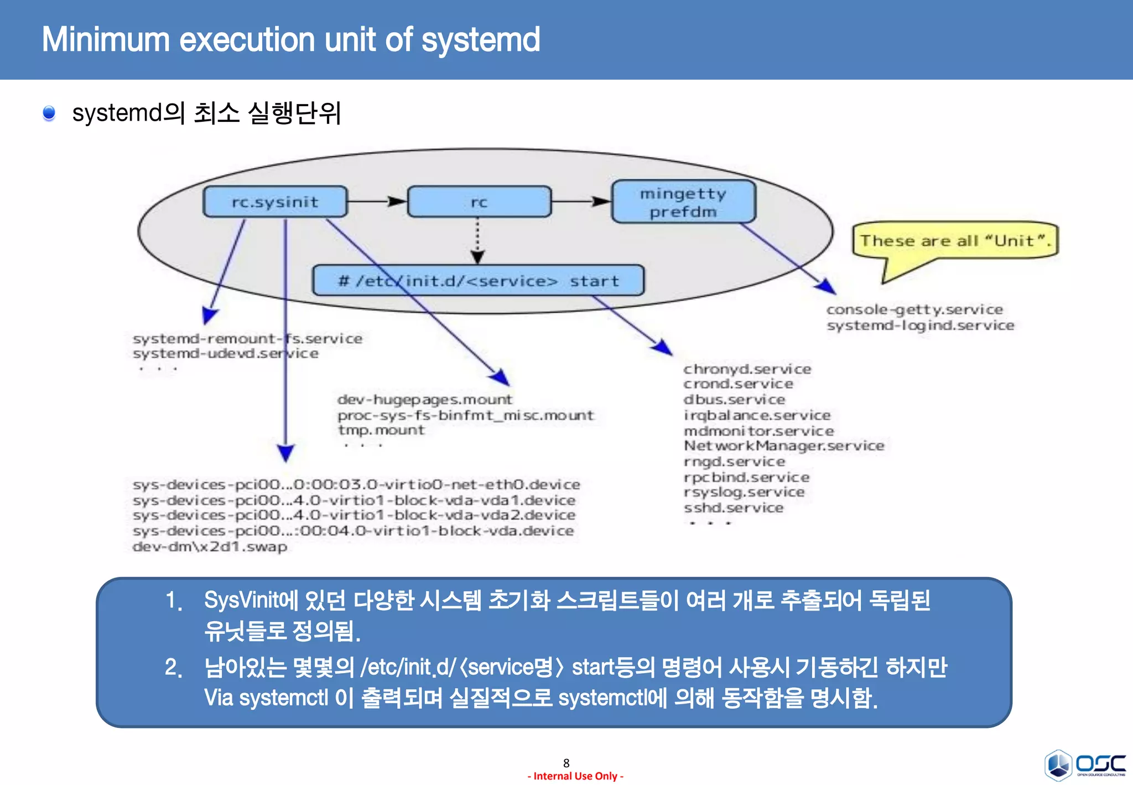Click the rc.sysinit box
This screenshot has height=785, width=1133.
point(275,202)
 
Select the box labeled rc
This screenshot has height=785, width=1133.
point(479,202)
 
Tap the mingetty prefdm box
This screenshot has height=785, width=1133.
point(683,202)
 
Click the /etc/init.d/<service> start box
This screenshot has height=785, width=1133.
point(478,281)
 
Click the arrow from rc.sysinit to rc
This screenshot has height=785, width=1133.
point(377,201)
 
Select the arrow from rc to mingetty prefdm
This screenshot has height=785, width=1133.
point(581,201)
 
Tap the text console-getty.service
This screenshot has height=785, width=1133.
point(914,309)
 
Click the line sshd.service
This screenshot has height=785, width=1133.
point(734,508)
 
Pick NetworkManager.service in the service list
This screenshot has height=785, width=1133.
point(784,446)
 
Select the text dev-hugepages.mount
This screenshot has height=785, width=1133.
point(425,399)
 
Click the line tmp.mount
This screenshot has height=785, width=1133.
point(381,430)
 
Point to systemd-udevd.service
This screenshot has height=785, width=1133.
point(226,354)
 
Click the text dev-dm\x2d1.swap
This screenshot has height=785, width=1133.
point(210,547)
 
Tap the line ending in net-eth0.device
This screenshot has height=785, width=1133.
point(356,485)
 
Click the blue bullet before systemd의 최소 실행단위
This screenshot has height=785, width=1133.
point(49,113)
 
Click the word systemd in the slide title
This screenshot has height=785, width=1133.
point(480,40)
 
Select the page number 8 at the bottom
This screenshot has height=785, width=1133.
point(566,763)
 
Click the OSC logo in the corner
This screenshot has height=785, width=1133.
point(1085,765)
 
